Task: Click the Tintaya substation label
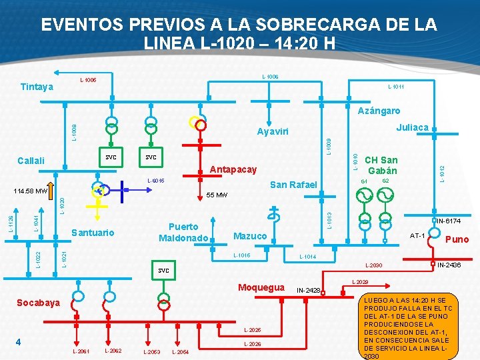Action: (x=37, y=87)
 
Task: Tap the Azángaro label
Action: (x=379, y=111)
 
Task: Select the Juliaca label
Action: (x=412, y=127)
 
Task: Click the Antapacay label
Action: (x=233, y=169)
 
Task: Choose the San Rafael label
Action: (x=293, y=185)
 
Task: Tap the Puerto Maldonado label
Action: (x=183, y=232)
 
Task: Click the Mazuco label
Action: (x=250, y=236)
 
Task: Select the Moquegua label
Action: (x=261, y=287)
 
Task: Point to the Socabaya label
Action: (x=38, y=303)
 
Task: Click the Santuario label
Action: (x=93, y=233)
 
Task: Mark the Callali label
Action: (x=31, y=160)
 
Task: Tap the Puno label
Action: (x=457, y=239)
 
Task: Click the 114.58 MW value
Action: (x=31, y=191)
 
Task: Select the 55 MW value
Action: (x=217, y=196)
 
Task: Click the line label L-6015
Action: (x=155, y=181)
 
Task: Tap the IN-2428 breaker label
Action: (x=308, y=290)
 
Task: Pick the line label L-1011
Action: (x=396, y=86)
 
